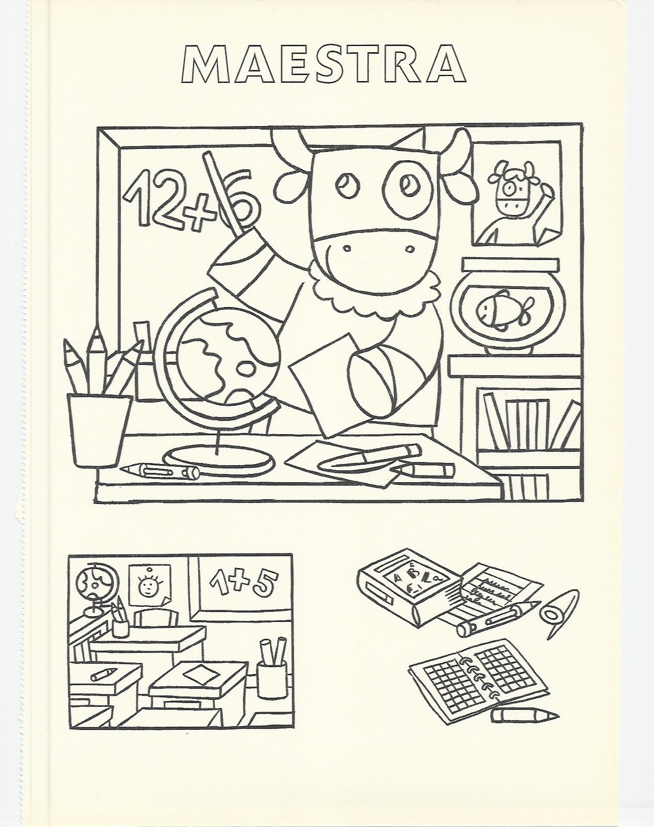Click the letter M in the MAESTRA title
207,65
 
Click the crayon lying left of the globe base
160,470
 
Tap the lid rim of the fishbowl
511,265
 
